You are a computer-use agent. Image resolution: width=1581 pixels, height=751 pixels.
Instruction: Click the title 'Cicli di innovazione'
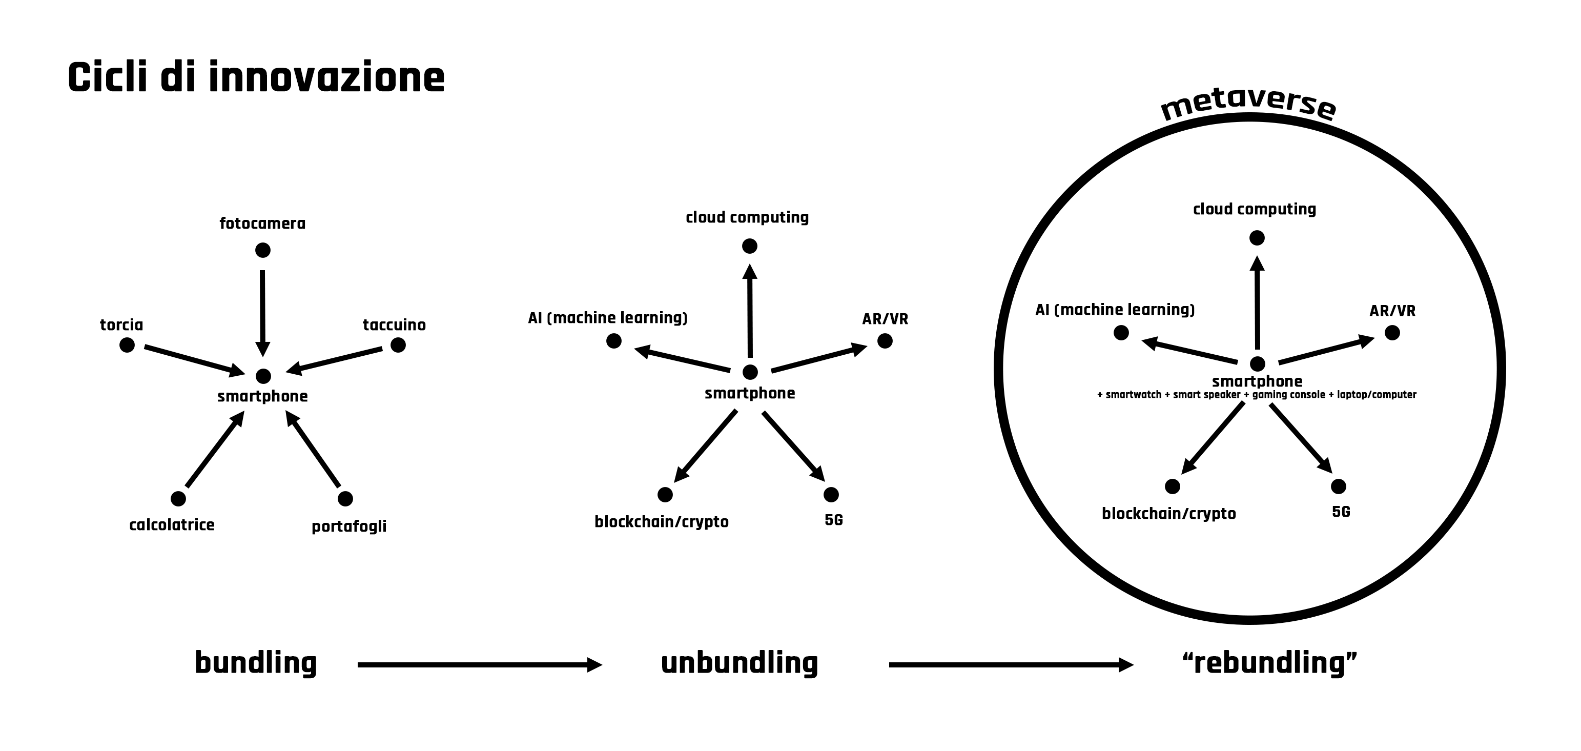click(x=256, y=78)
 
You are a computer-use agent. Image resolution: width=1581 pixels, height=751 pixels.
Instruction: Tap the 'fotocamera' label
click(x=262, y=224)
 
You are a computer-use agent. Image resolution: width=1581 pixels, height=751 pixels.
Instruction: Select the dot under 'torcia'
click(x=127, y=345)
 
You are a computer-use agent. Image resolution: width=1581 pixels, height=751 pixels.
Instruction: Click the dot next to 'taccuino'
click(x=398, y=345)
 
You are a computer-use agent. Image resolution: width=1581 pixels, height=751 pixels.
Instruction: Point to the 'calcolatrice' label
click(x=172, y=525)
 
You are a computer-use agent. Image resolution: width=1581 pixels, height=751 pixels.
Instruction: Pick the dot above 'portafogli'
click(x=345, y=499)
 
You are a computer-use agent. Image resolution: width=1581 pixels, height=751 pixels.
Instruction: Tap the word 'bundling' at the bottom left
click(x=255, y=663)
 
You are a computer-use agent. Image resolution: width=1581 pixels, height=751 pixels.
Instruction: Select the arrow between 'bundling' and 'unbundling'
click(x=479, y=664)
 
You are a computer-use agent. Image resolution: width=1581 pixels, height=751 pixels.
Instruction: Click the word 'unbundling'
click(x=739, y=663)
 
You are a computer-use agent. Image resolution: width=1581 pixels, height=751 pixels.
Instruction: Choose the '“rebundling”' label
click(x=1269, y=663)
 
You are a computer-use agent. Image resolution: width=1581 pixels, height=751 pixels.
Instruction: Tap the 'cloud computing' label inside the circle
click(x=1255, y=209)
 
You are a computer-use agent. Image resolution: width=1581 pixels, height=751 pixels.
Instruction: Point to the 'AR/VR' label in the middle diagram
click(x=885, y=319)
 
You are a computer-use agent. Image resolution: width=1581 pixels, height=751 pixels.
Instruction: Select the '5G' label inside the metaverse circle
click(x=1341, y=512)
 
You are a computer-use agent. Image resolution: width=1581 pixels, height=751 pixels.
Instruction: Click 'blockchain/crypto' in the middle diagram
click(x=662, y=522)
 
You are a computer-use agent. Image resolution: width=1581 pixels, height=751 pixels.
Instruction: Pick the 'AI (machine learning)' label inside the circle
click(x=1115, y=310)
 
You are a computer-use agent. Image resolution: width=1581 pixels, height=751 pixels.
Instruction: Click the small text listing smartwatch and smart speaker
click(x=1256, y=395)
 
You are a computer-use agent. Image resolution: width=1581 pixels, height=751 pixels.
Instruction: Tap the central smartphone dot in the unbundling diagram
click(x=750, y=372)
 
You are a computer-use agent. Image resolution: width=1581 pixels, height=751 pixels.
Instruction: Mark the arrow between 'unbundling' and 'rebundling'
click(x=1010, y=664)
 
